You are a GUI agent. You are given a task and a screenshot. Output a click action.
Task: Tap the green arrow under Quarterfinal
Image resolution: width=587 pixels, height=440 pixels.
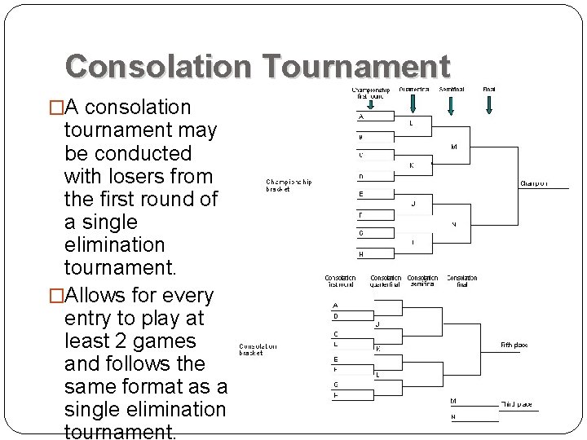(414, 103)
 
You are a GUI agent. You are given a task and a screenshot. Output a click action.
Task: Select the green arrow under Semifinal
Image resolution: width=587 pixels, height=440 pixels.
(452, 103)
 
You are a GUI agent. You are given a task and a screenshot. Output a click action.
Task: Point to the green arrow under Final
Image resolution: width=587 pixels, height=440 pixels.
(489, 103)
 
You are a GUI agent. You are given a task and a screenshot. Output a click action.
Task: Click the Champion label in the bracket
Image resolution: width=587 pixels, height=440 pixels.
(534, 183)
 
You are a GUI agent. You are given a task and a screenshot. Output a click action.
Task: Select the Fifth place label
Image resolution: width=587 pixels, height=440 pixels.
(514, 345)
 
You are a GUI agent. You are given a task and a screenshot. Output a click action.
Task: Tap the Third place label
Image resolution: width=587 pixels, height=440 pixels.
(515, 403)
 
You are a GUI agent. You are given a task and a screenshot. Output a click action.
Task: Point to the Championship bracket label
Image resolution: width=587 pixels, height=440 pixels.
(289, 185)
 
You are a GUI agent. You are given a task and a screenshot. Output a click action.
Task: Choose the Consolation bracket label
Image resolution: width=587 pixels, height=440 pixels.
(258, 349)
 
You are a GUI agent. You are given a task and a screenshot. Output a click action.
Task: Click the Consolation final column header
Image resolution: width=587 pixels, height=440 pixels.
(462, 281)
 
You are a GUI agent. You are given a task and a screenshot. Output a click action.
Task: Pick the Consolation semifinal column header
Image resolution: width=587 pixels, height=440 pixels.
(422, 281)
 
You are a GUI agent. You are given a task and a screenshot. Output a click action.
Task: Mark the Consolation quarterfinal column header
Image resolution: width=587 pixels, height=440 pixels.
(386, 281)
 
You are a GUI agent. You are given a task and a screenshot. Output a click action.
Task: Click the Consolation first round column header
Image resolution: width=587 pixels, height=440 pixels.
(341, 281)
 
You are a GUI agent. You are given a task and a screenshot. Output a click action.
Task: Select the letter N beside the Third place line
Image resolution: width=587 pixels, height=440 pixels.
(453, 417)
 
